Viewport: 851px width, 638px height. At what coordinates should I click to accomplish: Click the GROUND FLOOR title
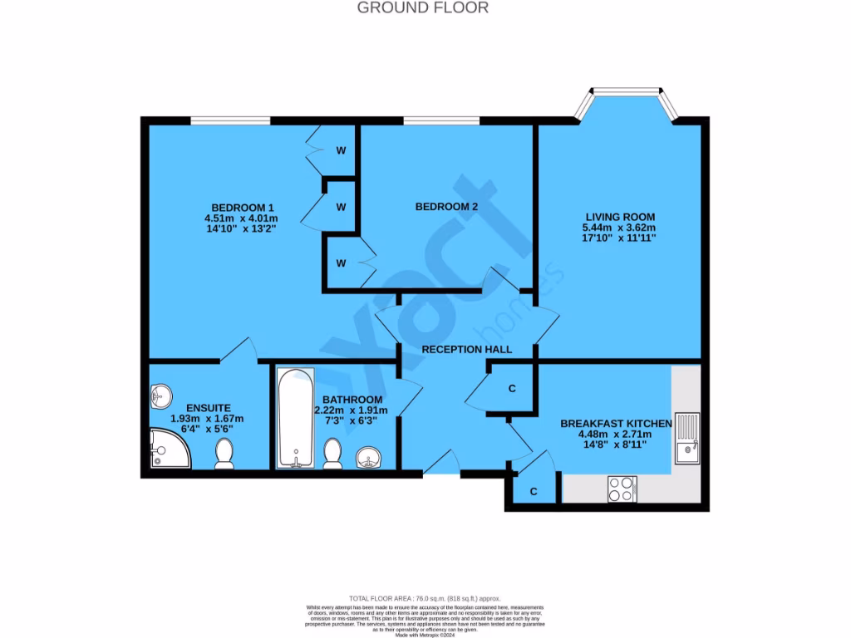[x=423, y=7]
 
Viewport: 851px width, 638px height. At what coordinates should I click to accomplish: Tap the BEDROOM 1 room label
[x=242, y=208]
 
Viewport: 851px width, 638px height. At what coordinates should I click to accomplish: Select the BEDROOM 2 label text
[x=446, y=207]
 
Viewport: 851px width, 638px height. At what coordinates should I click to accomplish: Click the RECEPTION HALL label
[x=466, y=350]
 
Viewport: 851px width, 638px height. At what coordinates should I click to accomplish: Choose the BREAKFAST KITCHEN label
[x=616, y=424]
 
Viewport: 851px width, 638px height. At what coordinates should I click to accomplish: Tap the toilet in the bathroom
[x=333, y=453]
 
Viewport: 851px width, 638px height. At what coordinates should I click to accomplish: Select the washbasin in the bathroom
[x=368, y=456]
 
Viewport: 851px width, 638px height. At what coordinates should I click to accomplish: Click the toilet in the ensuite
[x=224, y=454]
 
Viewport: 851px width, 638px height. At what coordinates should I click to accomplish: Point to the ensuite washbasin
[x=161, y=395]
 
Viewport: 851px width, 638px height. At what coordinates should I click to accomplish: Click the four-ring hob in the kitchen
[x=622, y=488]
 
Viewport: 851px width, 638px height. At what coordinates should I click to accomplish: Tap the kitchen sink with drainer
[x=686, y=438]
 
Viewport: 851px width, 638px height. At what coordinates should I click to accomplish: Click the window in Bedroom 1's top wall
[x=230, y=121]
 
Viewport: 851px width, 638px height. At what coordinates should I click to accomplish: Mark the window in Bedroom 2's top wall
[x=441, y=121]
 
